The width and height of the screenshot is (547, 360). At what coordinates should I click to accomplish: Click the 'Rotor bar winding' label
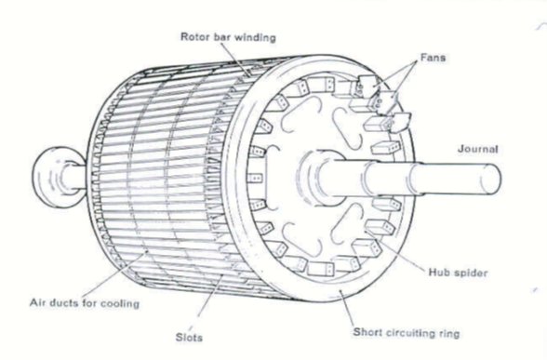tap(228, 37)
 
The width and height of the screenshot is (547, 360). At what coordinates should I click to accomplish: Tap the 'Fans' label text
tap(433, 58)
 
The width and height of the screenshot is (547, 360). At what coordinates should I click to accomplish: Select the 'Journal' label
tap(478, 149)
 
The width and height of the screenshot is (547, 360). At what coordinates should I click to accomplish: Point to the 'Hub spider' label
tap(458, 273)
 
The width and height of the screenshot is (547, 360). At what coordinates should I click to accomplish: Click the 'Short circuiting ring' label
tap(407, 333)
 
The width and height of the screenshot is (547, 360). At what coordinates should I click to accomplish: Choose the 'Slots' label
tap(189, 338)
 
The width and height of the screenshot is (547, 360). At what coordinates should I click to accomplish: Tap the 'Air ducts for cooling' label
tap(85, 303)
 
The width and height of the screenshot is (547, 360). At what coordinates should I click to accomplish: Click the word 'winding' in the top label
tap(255, 37)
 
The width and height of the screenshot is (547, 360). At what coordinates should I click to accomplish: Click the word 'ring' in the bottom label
tap(449, 333)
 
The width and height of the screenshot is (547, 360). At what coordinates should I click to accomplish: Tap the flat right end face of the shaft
tap(490, 178)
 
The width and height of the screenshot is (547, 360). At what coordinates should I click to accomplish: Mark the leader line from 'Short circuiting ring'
tap(346, 309)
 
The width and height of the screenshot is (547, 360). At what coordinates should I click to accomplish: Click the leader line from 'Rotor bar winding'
tap(235, 60)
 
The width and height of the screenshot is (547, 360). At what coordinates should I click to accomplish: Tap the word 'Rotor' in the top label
tap(193, 36)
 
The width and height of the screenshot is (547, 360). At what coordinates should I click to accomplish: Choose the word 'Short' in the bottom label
tap(367, 332)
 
